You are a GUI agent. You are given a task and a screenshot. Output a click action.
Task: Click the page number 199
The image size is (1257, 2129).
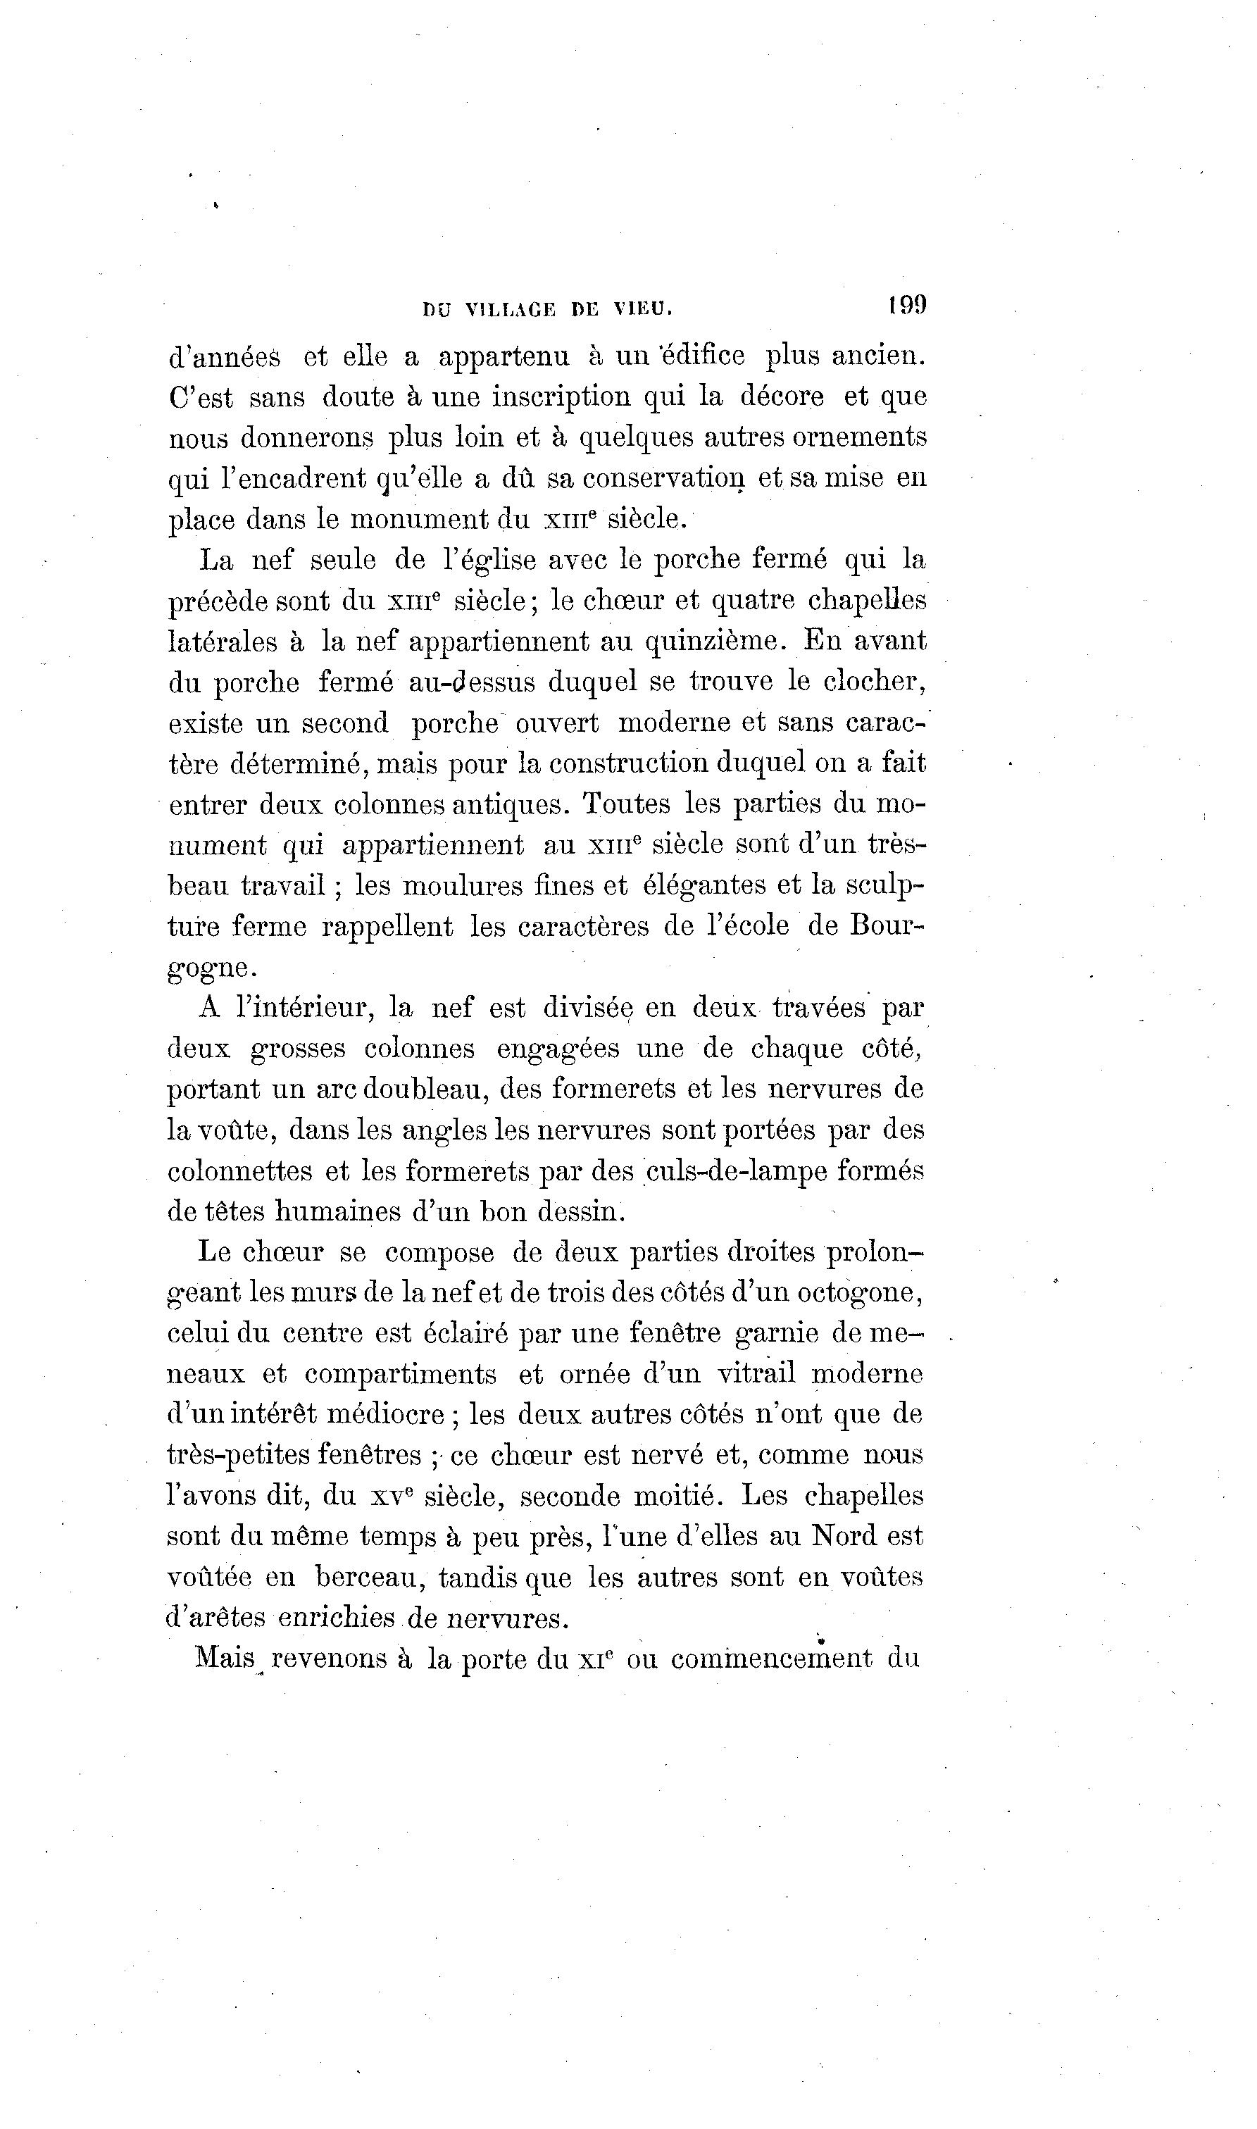pyautogui.click(x=906, y=305)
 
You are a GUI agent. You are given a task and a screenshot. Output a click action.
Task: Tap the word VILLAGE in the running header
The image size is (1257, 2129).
pyautogui.click(x=511, y=310)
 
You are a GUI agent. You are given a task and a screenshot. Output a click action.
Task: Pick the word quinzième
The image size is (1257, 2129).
pyautogui.click(x=711, y=641)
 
